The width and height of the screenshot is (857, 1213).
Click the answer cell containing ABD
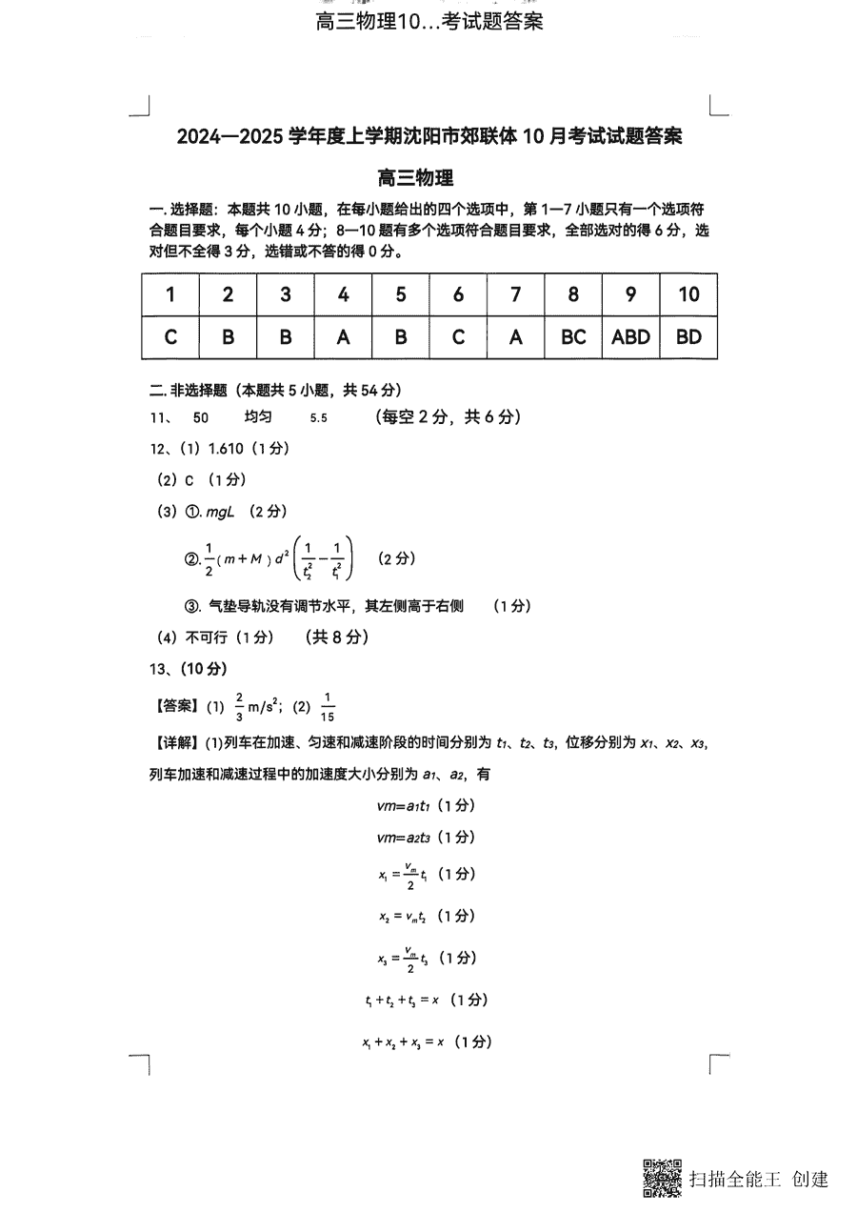(630, 336)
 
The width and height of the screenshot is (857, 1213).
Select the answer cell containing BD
(688, 336)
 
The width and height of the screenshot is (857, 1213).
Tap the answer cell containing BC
(573, 336)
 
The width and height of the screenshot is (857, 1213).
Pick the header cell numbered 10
(688, 294)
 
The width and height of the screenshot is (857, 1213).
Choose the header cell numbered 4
(343, 294)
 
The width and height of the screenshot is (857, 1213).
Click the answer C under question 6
(458, 336)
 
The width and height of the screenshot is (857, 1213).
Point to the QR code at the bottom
(662, 1178)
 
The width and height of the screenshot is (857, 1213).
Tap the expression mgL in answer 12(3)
(220, 512)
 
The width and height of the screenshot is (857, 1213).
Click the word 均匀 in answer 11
(258, 417)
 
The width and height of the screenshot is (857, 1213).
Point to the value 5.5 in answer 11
(319, 417)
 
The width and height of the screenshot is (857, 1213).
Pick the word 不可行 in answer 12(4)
(202, 637)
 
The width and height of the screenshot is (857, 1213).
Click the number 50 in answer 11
(200, 417)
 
